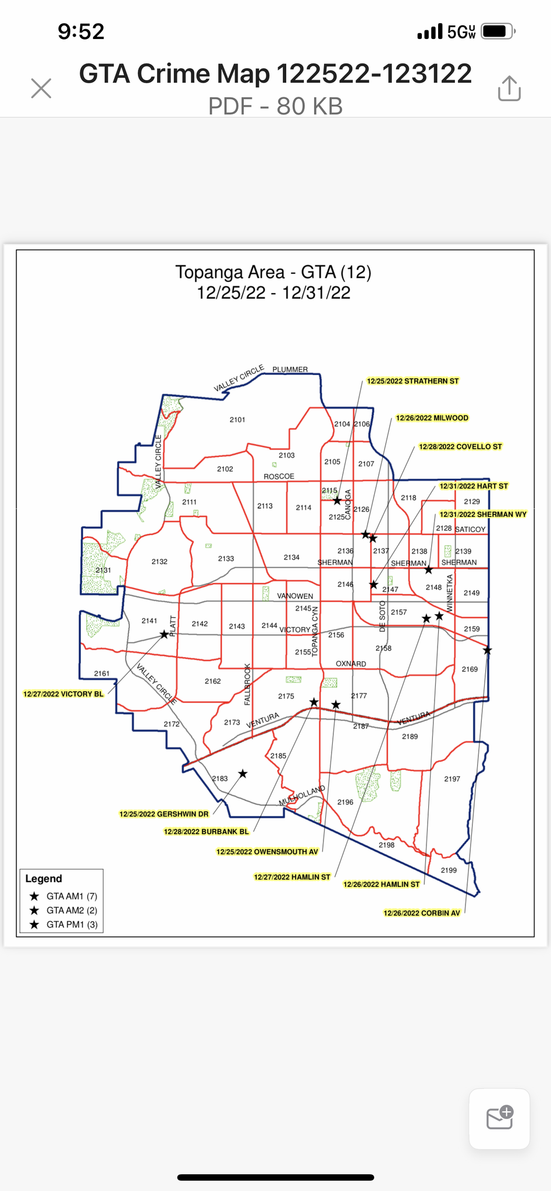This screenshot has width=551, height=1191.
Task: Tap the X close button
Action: pos(41,89)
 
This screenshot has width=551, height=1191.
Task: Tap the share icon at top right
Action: pos(509,88)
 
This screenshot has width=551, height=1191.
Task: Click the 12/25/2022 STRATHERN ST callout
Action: pos(413,381)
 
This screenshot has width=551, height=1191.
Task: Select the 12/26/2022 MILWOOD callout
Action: pos(432,418)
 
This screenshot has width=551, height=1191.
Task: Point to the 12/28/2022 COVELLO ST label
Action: pos(460,447)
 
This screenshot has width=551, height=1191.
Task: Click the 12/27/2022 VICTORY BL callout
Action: pos(63,694)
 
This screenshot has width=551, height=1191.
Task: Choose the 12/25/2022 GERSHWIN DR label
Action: pos(163,814)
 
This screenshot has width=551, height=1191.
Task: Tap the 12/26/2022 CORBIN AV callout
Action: pos(421,913)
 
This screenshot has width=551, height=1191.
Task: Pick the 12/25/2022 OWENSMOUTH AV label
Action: pos(267,852)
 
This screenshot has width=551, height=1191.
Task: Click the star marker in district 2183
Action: pos(243,774)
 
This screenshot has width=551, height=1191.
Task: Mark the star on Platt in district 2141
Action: pos(164,634)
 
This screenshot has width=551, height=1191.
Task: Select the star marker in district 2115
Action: pos(337,501)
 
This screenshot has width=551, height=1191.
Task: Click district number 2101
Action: pos(237,420)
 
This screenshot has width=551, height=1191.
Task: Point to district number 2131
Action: pos(103,570)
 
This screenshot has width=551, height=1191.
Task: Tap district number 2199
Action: pos(449,871)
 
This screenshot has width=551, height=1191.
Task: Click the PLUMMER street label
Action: pos(290,370)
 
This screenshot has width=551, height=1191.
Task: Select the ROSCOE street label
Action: pos(279,477)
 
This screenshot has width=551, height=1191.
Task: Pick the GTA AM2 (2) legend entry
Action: pos(72,910)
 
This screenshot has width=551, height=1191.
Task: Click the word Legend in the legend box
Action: pos(44,879)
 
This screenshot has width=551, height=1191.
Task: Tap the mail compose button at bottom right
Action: pos(499,1118)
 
